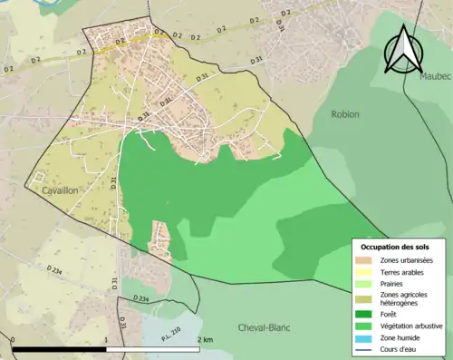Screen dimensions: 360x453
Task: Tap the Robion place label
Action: coord(344,114)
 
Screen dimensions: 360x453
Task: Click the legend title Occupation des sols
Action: coord(396,247)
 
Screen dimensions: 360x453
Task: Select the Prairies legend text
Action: coord(393,283)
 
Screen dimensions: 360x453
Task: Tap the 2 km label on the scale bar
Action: coord(205,339)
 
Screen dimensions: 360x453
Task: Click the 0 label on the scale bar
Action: coord(13,339)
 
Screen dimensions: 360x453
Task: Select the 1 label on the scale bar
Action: coord(107,339)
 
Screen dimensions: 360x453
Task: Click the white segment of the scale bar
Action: coord(154,349)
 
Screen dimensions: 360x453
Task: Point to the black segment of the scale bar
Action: coord(60,349)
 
